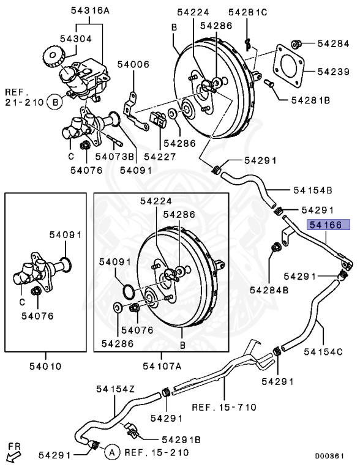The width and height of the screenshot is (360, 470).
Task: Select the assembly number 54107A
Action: point(162,367)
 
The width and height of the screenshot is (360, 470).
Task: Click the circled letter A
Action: point(111,453)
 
